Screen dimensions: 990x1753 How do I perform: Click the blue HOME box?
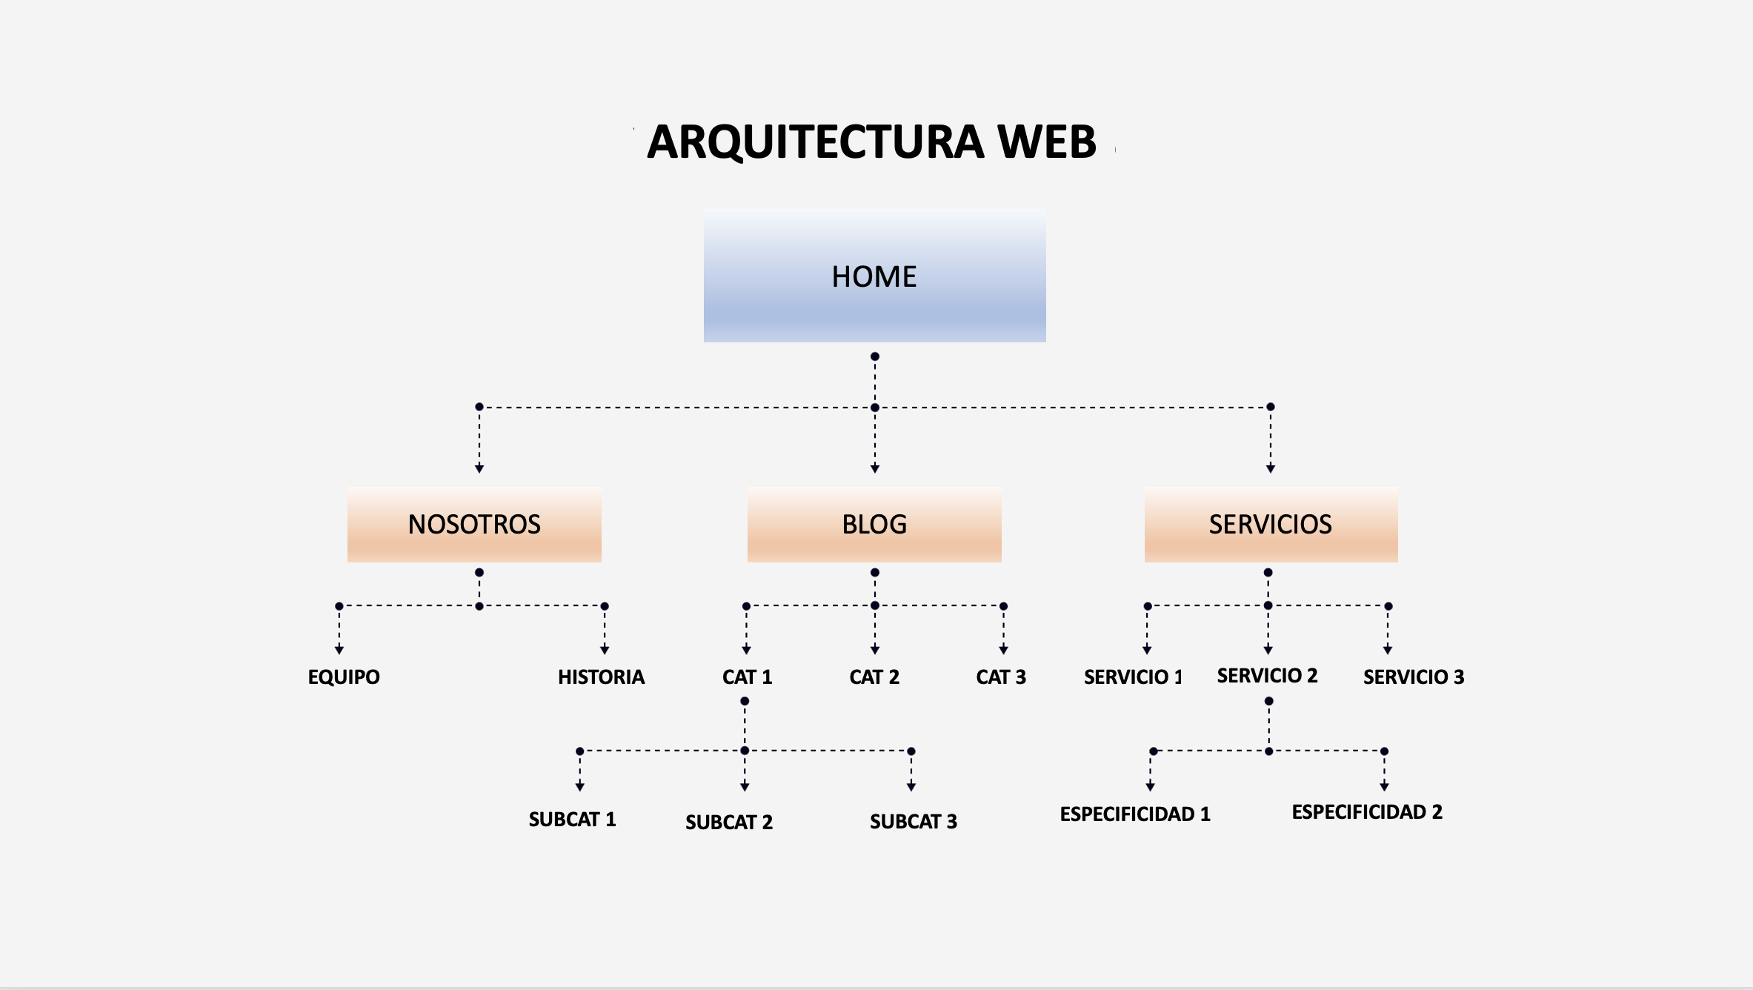point(874,276)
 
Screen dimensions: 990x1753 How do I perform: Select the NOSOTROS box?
point(474,524)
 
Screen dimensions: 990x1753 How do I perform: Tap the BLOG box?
point(874,524)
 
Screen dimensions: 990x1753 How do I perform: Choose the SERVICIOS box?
point(1271,524)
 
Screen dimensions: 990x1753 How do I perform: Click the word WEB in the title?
point(1046,142)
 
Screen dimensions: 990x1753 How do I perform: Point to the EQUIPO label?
point(344,677)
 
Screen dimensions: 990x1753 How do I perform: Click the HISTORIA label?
point(601,677)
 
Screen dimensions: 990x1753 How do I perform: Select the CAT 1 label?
point(747,677)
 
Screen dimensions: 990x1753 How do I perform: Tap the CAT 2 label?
point(874,677)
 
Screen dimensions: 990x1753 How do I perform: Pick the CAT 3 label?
point(1001,677)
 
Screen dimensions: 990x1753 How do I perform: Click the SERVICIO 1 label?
point(1133,677)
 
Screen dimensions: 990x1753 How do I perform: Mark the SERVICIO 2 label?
point(1267,675)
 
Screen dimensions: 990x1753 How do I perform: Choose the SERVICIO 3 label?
point(1414,677)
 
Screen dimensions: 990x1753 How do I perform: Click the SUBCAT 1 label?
point(572,819)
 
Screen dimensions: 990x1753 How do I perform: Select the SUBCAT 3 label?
point(913,821)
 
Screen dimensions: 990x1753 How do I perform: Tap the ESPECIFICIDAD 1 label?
point(1135,814)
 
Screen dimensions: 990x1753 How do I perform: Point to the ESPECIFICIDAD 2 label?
point(1367,811)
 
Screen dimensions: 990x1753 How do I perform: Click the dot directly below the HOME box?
point(875,356)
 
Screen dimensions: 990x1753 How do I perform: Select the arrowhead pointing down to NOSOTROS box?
point(479,468)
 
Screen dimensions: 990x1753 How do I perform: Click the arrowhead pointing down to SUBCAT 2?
point(745,786)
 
